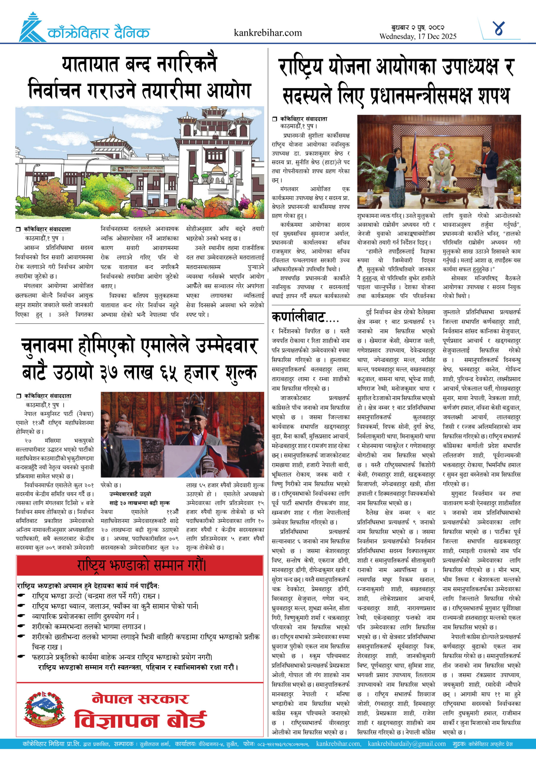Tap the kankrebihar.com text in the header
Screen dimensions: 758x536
pos(267,33)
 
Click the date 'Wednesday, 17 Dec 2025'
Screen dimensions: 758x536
pos(418,36)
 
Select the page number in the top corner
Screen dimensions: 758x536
pos(498,28)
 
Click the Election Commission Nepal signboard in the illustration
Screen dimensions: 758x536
pos(137,169)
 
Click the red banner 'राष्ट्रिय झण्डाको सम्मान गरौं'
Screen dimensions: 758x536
pos(140,565)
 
